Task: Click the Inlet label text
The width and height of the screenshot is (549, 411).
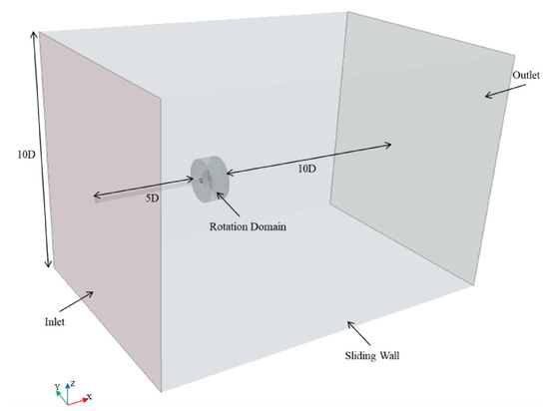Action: coord(55,322)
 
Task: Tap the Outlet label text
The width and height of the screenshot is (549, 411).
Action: coord(526,75)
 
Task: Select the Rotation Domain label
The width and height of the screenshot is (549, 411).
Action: coord(248,226)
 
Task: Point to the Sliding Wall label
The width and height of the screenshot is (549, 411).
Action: coord(372,356)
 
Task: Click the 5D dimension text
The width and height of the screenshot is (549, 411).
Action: coord(153,199)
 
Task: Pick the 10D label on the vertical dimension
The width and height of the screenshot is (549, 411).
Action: coord(27,155)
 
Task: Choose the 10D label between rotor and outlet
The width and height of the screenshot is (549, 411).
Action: coord(307,169)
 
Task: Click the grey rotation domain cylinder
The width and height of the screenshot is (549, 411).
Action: coord(210,180)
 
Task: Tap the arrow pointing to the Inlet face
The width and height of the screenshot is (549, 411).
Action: coord(76,301)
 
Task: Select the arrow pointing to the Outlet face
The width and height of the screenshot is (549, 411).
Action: coord(505,91)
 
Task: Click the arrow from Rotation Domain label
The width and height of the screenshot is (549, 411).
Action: coord(228,205)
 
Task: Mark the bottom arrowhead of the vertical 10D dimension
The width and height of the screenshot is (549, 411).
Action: coord(49,264)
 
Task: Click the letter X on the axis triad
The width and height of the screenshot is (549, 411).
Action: coord(90,396)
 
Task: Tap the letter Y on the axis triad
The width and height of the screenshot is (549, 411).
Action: coord(58,386)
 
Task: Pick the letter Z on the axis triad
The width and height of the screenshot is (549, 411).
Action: coord(73,383)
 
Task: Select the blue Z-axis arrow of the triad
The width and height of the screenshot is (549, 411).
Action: coord(67,394)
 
